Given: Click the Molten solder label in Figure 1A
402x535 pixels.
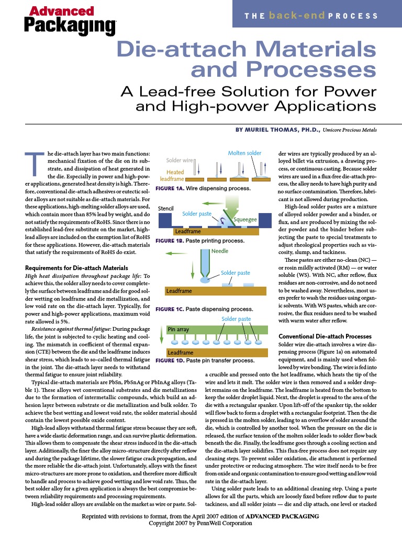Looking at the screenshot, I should (x=244, y=153).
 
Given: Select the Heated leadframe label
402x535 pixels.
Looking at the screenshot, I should (x=175, y=175).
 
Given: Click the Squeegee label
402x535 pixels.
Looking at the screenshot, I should (x=244, y=220).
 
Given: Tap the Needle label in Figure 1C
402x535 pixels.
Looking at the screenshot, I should (x=219, y=251).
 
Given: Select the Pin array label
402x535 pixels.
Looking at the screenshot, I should (x=178, y=330).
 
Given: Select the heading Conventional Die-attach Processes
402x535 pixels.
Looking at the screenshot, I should (x=325, y=335).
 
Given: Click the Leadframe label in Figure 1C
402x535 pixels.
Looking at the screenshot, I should (x=179, y=291).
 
